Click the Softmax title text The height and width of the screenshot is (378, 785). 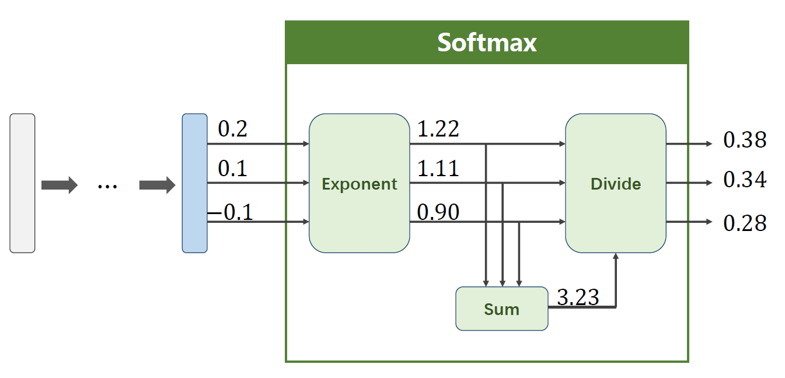(487, 43)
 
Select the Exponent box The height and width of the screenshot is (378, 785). (359, 183)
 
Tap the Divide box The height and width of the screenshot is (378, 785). (615, 183)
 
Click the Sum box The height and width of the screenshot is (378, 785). (501, 309)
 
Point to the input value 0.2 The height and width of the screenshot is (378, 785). (232, 129)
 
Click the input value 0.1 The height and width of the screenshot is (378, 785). (232, 169)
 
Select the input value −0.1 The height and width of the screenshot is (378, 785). (231, 213)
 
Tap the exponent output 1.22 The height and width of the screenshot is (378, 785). (438, 129)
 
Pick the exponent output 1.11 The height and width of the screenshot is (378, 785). (438, 169)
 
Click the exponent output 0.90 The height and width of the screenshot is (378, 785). (438, 213)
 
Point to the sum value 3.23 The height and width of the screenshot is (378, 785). (578, 298)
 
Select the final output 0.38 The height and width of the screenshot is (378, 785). (744, 141)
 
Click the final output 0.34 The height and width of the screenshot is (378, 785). (744, 181)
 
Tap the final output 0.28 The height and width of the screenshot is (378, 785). (744, 223)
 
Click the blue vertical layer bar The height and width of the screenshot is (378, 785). (194, 183)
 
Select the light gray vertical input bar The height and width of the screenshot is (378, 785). (22, 183)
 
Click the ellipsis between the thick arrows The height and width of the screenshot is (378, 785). (108, 186)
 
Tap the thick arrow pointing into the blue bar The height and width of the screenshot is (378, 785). (157, 185)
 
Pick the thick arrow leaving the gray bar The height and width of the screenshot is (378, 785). (59, 185)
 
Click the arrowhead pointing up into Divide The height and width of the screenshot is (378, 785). (616, 257)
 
